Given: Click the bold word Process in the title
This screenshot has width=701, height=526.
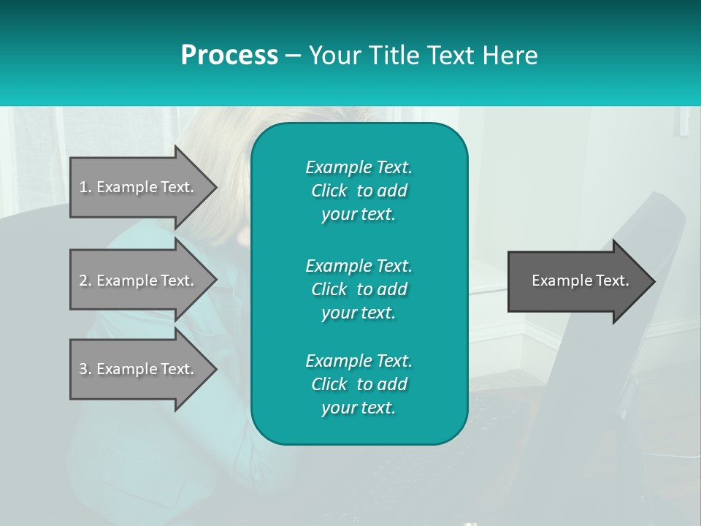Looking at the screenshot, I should [229, 56].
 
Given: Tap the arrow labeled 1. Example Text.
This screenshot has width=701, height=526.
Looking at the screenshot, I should [139, 187].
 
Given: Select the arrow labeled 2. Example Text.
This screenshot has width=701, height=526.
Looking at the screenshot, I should [139, 281].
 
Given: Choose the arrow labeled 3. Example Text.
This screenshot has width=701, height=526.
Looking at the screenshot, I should [139, 369].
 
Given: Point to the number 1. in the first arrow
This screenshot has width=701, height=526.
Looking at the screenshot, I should [85, 187].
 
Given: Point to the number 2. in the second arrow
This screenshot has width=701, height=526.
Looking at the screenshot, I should [85, 281].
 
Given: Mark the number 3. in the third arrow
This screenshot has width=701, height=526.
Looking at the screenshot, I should [85, 369].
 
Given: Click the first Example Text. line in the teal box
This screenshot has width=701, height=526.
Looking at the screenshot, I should [359, 167].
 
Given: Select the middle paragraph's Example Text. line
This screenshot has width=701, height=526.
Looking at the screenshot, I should [359, 265].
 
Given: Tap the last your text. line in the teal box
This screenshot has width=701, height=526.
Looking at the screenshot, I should [359, 408].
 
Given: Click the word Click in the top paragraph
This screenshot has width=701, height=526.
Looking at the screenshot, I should [329, 191].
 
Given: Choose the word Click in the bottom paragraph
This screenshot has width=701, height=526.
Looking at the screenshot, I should [329, 384].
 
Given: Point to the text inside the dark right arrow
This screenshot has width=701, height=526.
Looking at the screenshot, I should [580, 281].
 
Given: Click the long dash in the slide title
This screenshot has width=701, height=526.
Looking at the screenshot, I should [293, 56].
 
